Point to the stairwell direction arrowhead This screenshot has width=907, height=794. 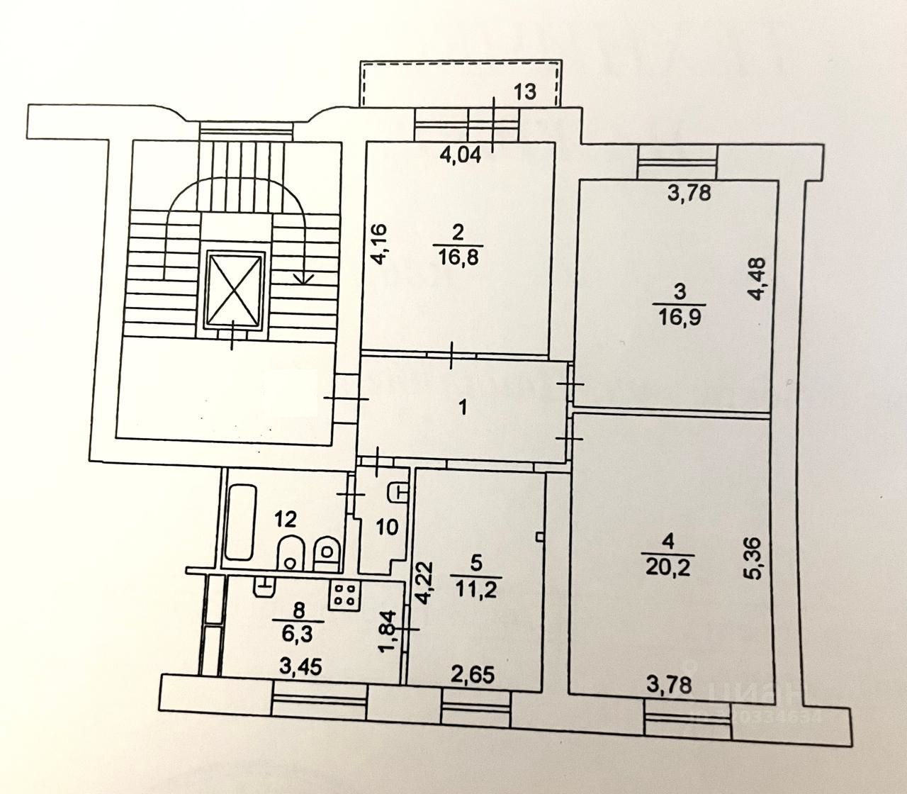point(305,278)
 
